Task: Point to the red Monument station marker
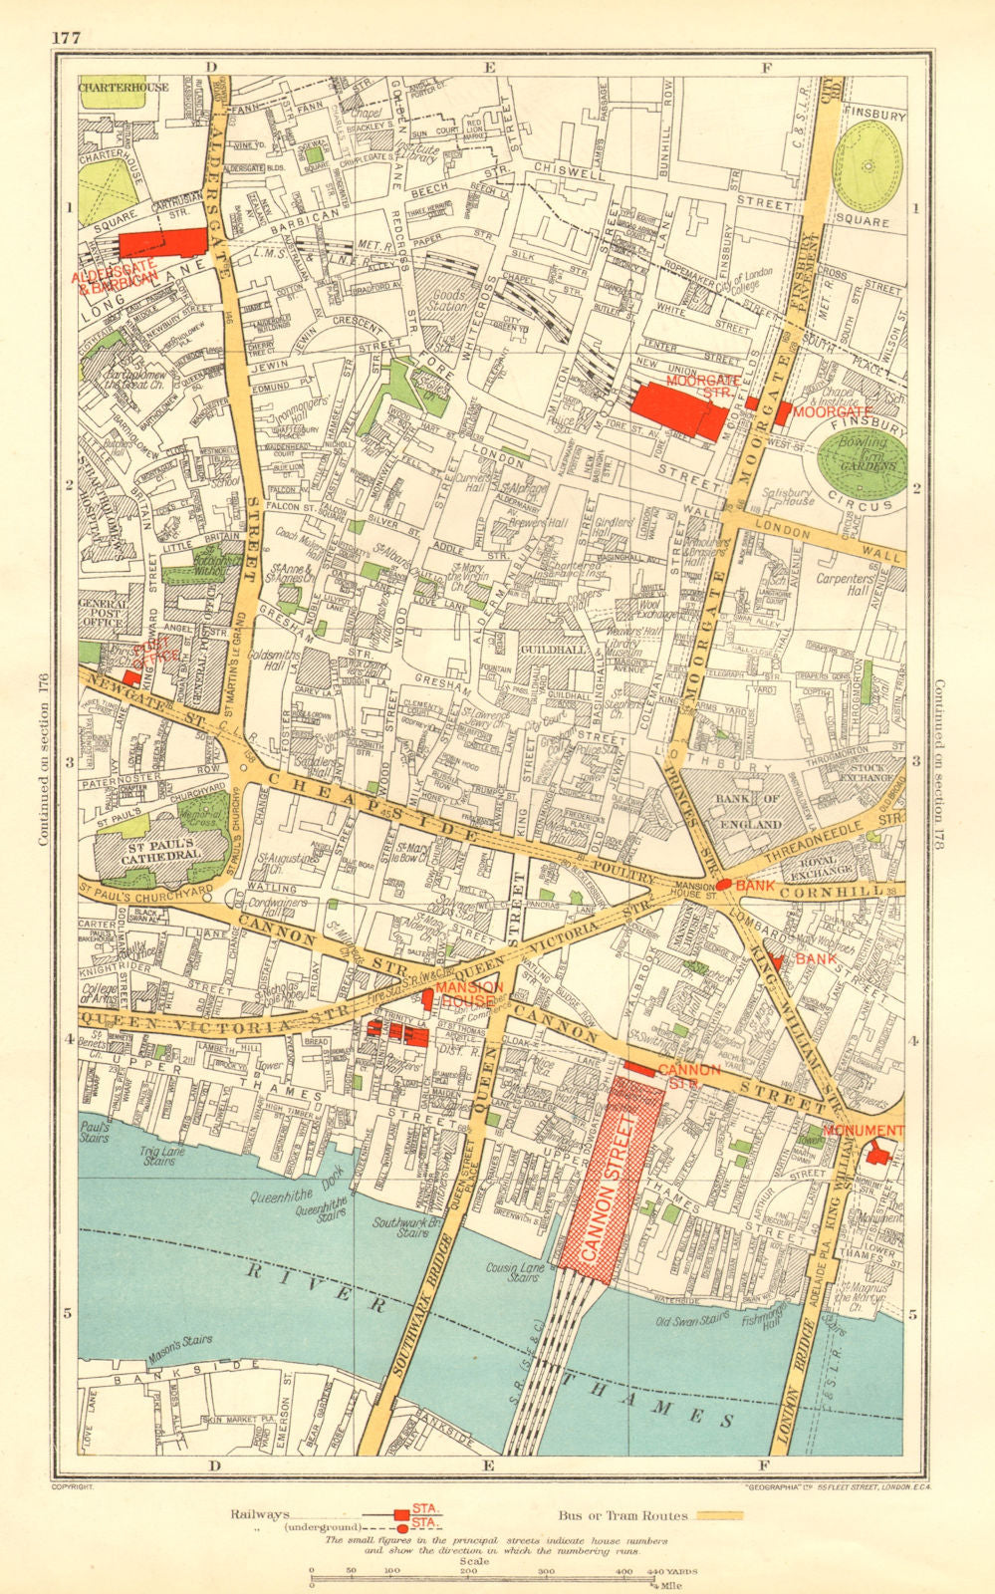point(877,1152)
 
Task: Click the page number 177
point(67,39)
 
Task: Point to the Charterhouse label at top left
point(124,88)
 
